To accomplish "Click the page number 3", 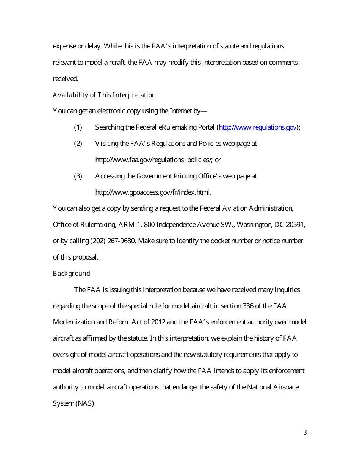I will [305, 432].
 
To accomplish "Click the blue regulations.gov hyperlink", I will [258, 127].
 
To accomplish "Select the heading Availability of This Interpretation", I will [104, 95].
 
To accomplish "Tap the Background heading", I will [71, 274].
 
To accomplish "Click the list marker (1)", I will [78, 127].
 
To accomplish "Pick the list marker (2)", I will [78, 144].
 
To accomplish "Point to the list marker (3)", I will [78, 176].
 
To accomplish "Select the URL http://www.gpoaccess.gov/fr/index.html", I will [153, 192].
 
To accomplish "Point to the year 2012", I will [158, 322].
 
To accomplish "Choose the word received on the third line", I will [65, 79].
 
